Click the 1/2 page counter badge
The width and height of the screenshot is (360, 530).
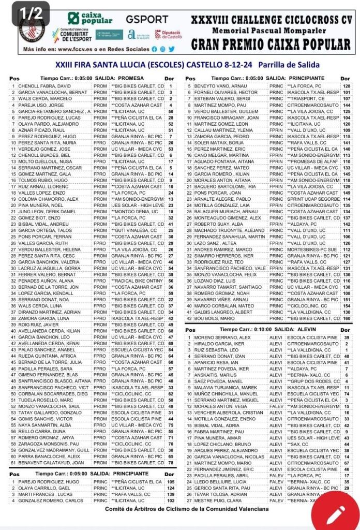[x=31, y=14]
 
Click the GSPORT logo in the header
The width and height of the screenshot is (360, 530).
[x=147, y=19]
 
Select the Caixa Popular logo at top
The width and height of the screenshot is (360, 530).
[x=93, y=19]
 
